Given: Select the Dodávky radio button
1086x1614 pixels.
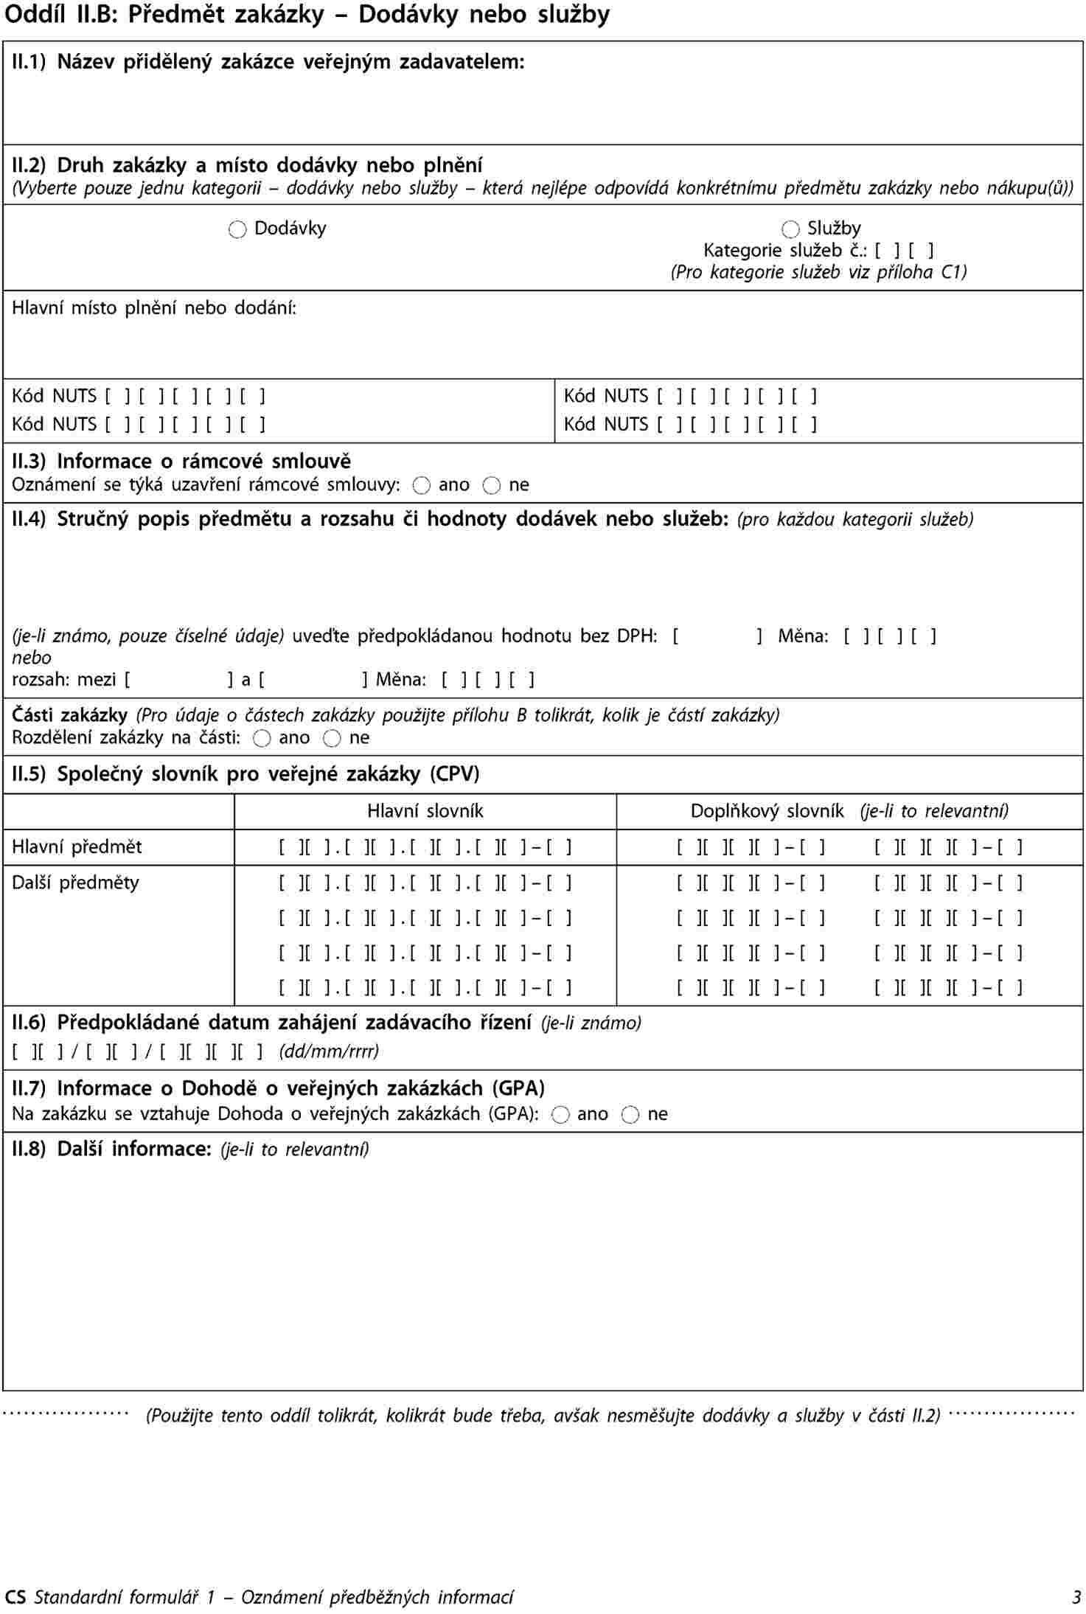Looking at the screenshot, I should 237,230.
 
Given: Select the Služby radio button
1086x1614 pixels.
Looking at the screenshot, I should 790,230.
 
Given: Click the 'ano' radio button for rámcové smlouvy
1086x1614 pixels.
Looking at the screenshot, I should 422,486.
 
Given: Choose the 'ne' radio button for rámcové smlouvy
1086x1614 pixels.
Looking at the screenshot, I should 492,486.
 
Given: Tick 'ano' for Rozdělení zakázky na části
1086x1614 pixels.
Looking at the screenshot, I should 262,739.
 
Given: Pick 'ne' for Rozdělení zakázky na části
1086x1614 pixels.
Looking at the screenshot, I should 332,739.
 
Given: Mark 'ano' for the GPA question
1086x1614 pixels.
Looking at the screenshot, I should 560,1115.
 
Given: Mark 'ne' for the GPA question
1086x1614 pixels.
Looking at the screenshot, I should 630,1115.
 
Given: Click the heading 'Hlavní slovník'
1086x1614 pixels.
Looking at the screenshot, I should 425,812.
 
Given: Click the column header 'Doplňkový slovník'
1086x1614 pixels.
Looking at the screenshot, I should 767,812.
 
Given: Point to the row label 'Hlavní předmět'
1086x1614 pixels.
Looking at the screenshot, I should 77,847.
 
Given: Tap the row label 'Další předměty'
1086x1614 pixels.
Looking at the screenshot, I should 75,883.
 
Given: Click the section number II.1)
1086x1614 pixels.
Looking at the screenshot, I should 29,62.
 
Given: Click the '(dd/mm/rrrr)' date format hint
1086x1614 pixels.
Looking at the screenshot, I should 329,1051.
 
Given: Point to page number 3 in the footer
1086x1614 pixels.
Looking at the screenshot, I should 1076,1597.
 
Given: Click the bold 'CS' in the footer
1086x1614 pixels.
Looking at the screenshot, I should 15,1597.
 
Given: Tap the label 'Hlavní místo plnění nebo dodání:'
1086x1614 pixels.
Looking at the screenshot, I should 154,308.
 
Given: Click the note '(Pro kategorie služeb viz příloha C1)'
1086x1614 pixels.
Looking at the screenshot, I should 818,273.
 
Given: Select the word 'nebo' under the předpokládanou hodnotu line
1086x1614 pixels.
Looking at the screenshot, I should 32,658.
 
